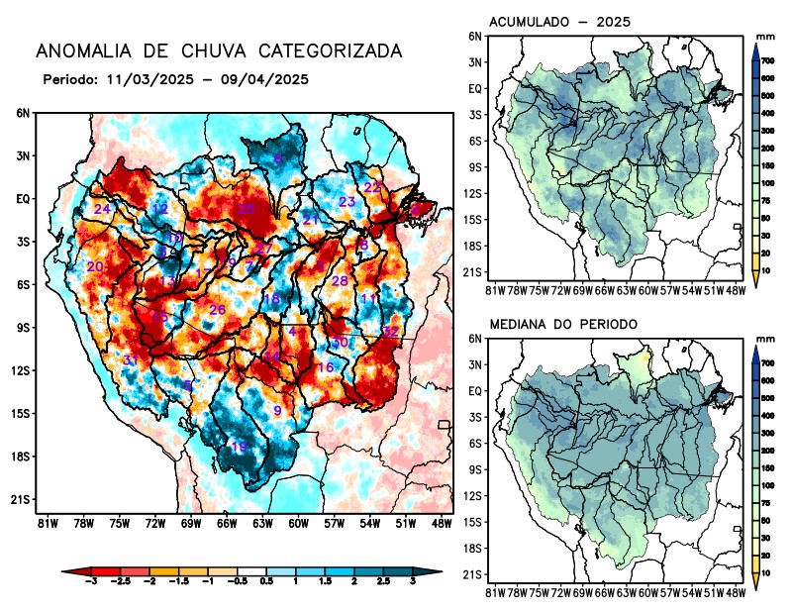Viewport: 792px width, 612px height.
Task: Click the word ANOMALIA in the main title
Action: click(81, 51)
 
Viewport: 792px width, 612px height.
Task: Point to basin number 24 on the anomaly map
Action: click(102, 209)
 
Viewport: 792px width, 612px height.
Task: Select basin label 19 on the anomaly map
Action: click(239, 448)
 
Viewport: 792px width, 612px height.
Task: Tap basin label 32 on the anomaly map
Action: click(391, 332)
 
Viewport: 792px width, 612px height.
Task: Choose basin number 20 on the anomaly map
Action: click(95, 266)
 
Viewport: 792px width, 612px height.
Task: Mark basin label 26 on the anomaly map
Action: click(218, 310)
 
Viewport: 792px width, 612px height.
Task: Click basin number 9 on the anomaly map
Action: click(278, 410)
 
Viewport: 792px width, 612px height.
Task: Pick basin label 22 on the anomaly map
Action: click(372, 187)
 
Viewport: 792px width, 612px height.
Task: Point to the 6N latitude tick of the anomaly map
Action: click(23, 113)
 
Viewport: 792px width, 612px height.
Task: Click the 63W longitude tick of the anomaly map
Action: click(262, 522)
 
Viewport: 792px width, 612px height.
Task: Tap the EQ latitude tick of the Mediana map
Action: click(475, 391)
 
